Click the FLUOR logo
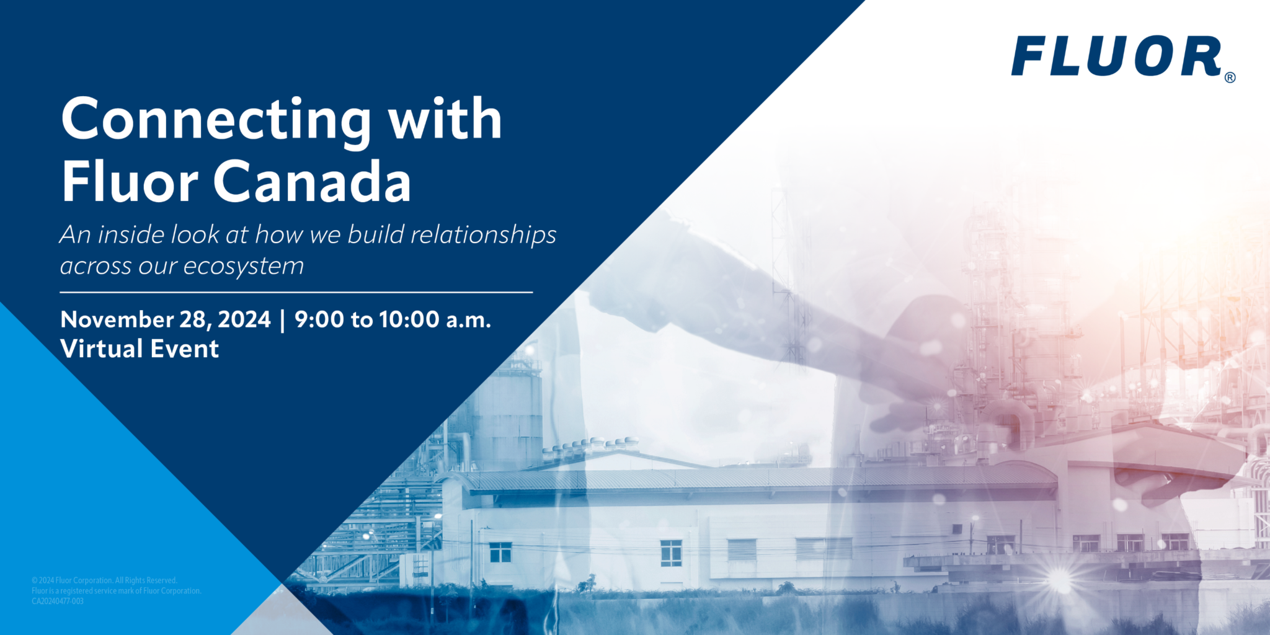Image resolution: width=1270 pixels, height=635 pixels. point(1116,56)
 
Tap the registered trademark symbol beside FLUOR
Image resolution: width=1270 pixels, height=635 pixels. point(1230,78)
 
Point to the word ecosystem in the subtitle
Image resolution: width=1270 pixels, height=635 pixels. point(244,266)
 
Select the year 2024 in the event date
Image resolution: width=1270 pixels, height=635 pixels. point(244,319)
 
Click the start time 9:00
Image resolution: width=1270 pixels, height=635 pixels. point(319,319)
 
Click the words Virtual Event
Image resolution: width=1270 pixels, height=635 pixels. point(140,349)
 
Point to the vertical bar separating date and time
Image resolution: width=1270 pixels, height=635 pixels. point(283,320)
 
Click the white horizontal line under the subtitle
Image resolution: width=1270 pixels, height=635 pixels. point(296,292)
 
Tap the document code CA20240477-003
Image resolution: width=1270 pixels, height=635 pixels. point(58,601)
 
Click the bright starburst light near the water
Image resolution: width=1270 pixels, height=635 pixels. point(1059,580)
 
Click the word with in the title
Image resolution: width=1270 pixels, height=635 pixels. point(445,119)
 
